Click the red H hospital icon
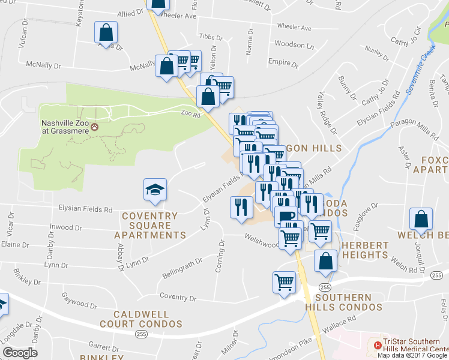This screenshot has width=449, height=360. point(378,345)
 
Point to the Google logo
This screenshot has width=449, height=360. point(20,353)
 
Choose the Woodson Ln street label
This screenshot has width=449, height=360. point(294,45)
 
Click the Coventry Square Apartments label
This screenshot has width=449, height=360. point(149,225)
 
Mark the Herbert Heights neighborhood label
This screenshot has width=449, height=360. point(364,250)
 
